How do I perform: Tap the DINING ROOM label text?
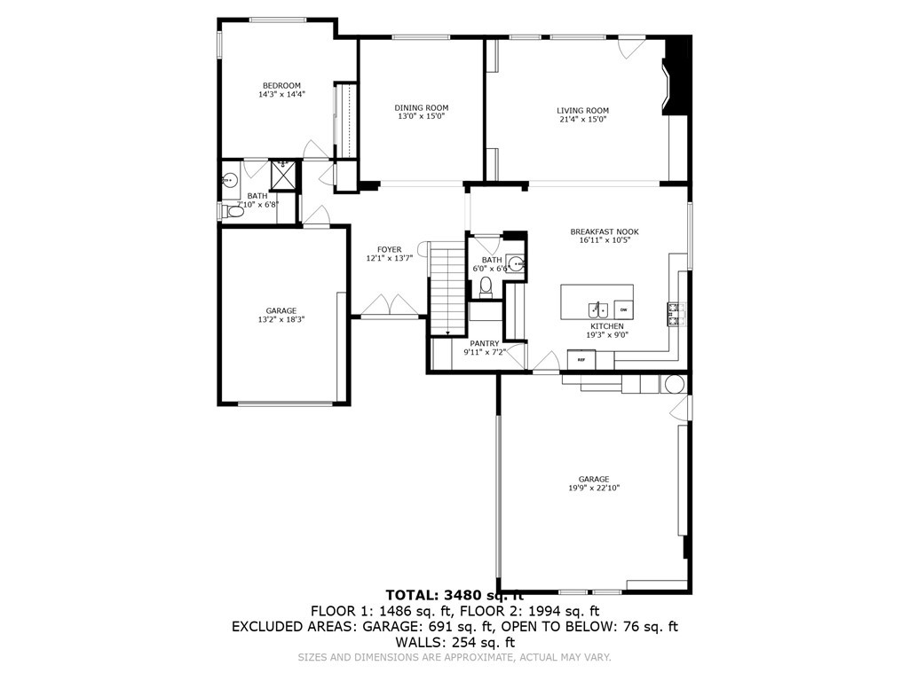[x=421, y=107]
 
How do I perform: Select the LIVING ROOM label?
[x=582, y=111]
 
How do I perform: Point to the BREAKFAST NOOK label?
[x=604, y=231]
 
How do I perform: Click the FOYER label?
[x=389, y=249]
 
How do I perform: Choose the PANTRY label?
[x=484, y=343]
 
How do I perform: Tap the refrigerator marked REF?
[x=582, y=359]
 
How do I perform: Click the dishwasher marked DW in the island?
[x=623, y=309]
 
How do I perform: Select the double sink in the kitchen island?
[x=597, y=309]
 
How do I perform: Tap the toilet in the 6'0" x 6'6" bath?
[x=486, y=286]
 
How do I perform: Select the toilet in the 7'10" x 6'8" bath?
[x=234, y=210]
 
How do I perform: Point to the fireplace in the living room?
[x=676, y=78]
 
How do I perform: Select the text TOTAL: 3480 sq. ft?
[x=454, y=594]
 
